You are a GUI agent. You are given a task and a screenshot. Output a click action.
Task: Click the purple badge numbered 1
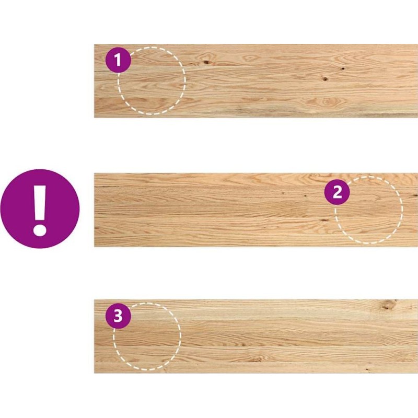click(x=118, y=60)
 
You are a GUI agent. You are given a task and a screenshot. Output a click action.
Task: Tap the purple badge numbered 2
click(x=337, y=192)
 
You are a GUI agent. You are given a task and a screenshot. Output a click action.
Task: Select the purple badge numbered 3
click(x=118, y=317)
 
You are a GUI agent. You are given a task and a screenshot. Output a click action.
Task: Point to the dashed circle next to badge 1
click(x=185, y=81)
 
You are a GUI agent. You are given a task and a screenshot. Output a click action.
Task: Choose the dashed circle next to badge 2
click(x=401, y=210)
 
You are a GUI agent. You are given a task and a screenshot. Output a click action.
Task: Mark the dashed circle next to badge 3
click(x=181, y=336)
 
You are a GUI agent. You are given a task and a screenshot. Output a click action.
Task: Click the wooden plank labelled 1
click(x=256, y=81)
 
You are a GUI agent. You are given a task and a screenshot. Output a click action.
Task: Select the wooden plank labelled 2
click(x=256, y=210)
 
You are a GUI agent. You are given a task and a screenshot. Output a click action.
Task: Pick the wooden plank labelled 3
click(x=256, y=336)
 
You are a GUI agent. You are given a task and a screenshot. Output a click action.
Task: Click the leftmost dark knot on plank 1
click(x=206, y=62)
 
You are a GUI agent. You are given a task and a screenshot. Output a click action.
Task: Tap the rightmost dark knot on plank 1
click(x=343, y=68)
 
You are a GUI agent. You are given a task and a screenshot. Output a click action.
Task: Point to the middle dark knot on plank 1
click(x=325, y=79)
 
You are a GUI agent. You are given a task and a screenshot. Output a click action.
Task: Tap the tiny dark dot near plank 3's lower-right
click(x=367, y=369)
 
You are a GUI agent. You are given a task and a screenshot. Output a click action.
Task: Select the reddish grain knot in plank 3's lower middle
click(x=256, y=359)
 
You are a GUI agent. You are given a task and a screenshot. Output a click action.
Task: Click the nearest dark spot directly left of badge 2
click(x=305, y=196)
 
